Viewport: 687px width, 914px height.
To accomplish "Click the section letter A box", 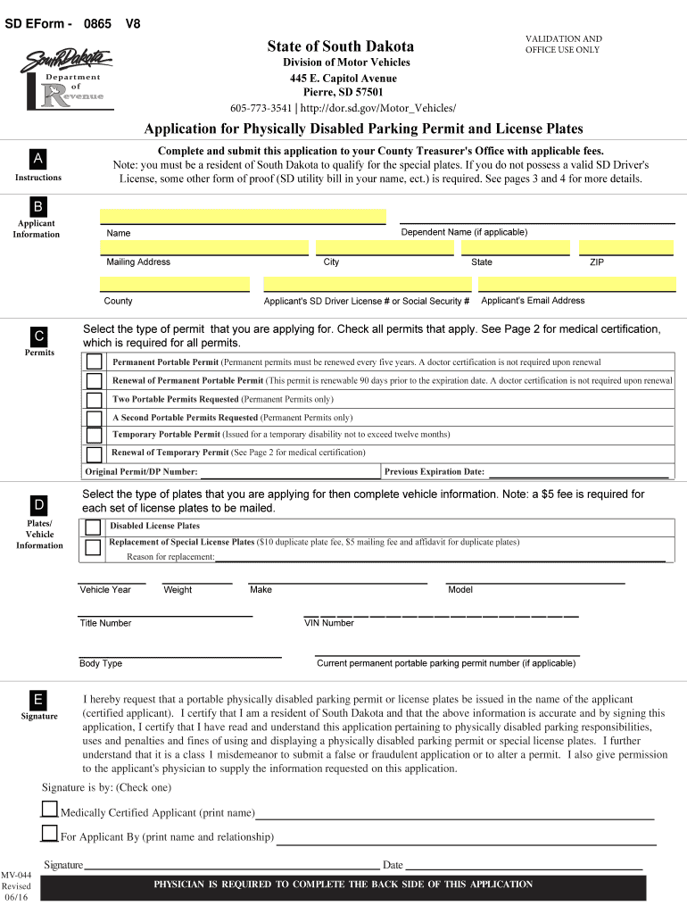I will tap(38, 159).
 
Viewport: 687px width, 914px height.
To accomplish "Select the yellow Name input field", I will tap(243, 217).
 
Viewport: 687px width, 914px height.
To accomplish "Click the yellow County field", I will tap(174, 284).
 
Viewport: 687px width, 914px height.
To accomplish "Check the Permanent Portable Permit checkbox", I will tap(94, 362).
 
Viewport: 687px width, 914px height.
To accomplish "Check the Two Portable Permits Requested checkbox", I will tap(94, 399).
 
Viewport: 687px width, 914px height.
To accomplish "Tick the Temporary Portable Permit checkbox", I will tap(94, 435).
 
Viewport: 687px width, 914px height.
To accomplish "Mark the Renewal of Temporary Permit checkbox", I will tap(94, 453).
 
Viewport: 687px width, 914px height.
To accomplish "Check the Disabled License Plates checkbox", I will tap(93, 527).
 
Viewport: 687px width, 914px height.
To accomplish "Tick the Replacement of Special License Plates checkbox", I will tap(93, 548).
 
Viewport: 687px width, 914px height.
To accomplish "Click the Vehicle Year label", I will tap(105, 590).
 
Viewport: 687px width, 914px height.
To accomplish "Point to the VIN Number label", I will tap(329, 623).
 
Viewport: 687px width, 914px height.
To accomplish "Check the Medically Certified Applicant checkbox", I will tap(49, 810).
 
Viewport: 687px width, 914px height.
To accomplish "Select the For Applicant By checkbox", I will tap(49, 834).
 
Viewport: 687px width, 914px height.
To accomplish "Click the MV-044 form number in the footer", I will tap(16, 874).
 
